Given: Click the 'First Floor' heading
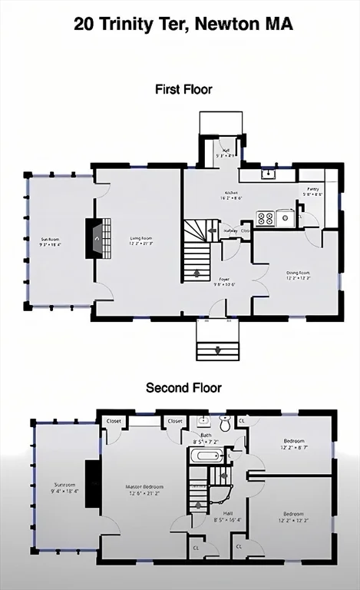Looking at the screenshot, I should [x=183, y=89].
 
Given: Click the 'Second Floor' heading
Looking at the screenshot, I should [x=183, y=388].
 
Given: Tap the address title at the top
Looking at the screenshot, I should [x=183, y=24].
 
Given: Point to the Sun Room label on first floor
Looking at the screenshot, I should [x=50, y=240].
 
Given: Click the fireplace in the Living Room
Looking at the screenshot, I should [x=96, y=239].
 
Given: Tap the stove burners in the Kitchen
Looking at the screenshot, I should [x=266, y=218].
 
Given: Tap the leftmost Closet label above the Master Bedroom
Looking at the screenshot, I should [x=114, y=421].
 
